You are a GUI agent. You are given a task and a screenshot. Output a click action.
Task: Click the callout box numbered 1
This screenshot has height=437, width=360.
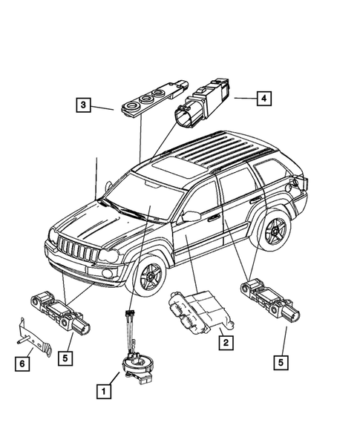(105, 388)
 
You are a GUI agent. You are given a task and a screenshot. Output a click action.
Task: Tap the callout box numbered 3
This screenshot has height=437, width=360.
(85, 107)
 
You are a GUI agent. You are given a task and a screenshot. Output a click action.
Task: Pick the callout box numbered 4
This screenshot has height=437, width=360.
(261, 96)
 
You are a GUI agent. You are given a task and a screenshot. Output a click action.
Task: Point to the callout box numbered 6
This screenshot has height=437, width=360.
(22, 363)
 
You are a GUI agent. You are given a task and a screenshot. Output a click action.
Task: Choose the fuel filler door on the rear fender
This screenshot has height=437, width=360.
(296, 181)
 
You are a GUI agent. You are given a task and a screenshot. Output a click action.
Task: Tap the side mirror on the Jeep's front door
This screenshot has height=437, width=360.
(190, 217)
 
